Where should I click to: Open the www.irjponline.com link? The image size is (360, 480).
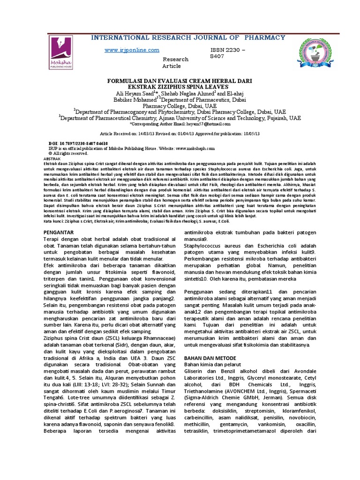(132, 50)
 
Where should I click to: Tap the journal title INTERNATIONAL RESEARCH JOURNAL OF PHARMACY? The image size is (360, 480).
(187, 37)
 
